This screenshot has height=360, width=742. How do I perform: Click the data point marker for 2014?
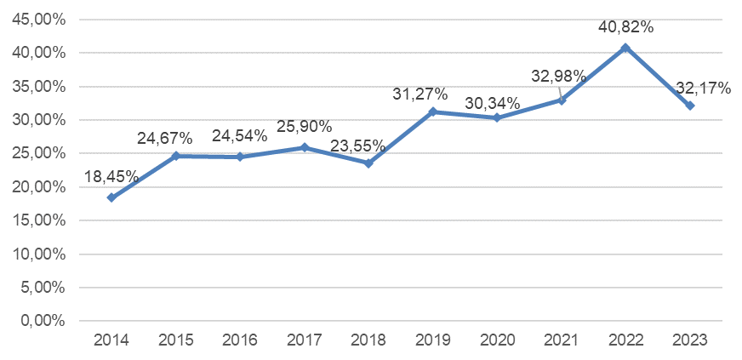click(x=111, y=197)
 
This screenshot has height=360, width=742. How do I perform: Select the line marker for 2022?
click(x=625, y=48)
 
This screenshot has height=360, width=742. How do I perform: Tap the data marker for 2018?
click(x=368, y=163)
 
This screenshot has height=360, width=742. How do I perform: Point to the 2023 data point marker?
click(x=690, y=106)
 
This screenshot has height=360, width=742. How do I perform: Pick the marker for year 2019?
click(x=433, y=111)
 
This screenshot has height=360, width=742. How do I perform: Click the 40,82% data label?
click(x=625, y=27)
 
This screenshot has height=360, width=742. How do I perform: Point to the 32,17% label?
click(x=703, y=87)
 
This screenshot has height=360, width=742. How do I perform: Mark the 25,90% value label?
click(x=305, y=128)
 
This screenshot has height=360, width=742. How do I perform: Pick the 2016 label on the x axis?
click(x=240, y=340)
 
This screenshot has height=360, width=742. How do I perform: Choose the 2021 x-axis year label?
click(x=562, y=340)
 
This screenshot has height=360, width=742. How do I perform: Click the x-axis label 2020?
click(x=497, y=340)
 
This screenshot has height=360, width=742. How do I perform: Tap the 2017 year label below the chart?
click(x=305, y=340)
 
